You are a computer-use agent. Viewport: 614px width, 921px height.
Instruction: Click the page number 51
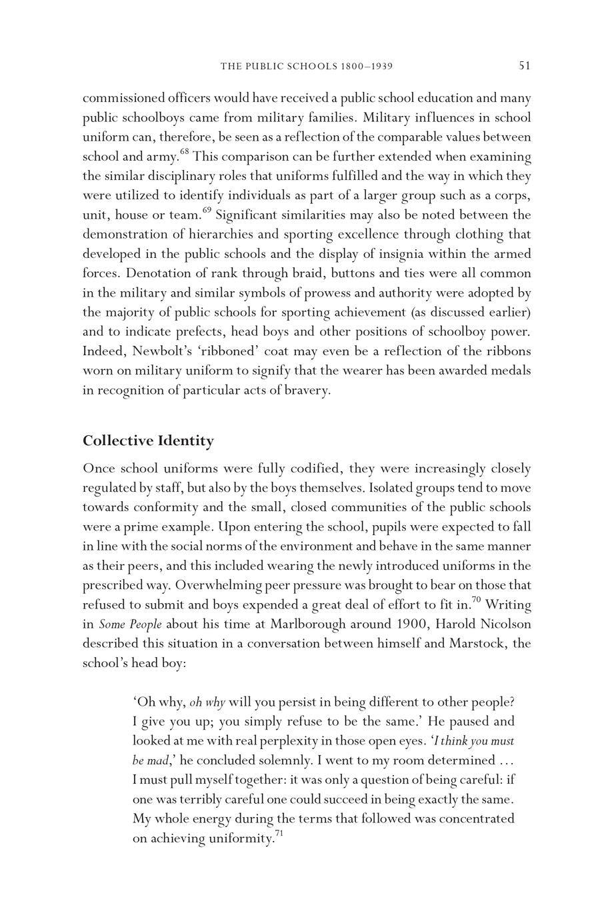pyautogui.click(x=524, y=65)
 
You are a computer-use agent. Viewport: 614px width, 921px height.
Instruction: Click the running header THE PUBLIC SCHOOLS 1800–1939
pyautogui.click(x=306, y=66)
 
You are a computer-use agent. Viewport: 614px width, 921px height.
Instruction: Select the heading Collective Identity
pyautogui.click(x=148, y=441)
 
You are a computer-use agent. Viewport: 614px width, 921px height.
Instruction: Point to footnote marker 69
pyautogui.click(x=207, y=211)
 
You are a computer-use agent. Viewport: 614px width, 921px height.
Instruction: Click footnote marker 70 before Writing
pyautogui.click(x=476, y=600)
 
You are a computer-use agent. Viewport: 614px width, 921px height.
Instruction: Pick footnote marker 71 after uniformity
pyautogui.click(x=279, y=834)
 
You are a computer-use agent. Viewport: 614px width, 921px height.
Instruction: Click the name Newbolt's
pyautogui.click(x=157, y=351)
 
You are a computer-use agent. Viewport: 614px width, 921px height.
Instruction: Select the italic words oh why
pyautogui.click(x=207, y=702)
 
